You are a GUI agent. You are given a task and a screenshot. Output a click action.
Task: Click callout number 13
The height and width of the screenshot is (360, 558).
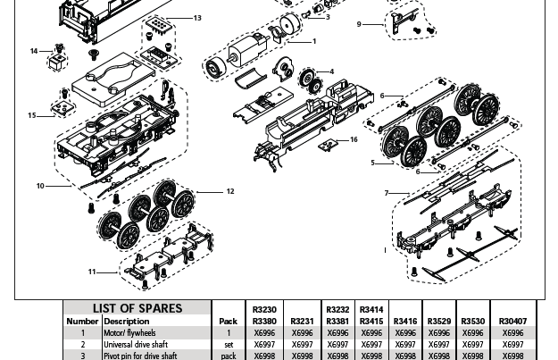197,18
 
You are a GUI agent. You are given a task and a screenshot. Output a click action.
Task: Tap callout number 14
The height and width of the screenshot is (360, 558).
34,51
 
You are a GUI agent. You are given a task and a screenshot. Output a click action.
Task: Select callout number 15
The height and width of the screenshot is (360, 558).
32,115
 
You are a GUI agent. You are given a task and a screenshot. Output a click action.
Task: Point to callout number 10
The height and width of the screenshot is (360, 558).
40,186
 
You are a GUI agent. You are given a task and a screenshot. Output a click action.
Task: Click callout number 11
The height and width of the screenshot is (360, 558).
92,272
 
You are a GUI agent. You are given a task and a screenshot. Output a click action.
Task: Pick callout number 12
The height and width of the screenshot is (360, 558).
229,191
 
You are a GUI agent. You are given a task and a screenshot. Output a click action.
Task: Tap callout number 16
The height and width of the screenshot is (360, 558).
354,139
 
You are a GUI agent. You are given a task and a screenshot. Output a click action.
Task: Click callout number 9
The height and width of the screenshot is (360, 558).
359,24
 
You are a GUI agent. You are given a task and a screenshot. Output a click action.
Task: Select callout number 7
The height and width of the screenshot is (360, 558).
387,193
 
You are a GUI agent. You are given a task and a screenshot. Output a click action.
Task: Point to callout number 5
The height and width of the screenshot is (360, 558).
373,163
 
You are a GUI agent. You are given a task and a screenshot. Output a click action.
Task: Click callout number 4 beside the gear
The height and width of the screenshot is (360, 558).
331,71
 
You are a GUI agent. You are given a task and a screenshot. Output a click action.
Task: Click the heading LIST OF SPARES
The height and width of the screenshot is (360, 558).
137,308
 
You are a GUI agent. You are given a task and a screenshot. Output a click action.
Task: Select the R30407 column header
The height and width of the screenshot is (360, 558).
512,321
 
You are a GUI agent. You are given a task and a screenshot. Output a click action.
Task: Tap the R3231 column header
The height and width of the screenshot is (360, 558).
304,321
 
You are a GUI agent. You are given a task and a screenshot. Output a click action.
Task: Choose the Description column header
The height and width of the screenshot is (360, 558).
127,321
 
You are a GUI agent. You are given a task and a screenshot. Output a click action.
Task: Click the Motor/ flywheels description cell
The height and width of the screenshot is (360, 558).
129,332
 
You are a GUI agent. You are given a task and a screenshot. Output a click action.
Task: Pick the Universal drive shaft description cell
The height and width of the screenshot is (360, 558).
134,344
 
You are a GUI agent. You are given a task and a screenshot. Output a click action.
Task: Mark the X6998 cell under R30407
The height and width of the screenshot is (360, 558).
512,356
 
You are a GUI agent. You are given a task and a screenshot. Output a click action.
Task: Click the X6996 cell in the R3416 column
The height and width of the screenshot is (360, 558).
404,332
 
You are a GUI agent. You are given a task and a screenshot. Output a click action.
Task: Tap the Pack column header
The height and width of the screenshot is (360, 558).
228,321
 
